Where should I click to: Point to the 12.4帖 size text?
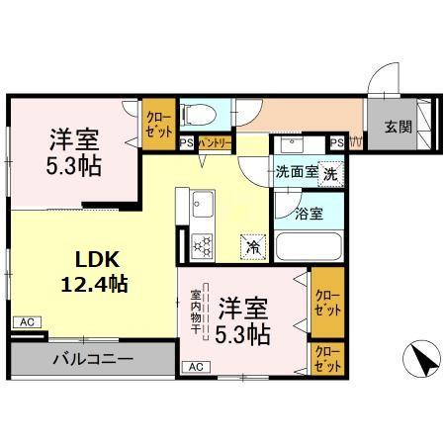95,285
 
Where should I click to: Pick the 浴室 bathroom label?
308,211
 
